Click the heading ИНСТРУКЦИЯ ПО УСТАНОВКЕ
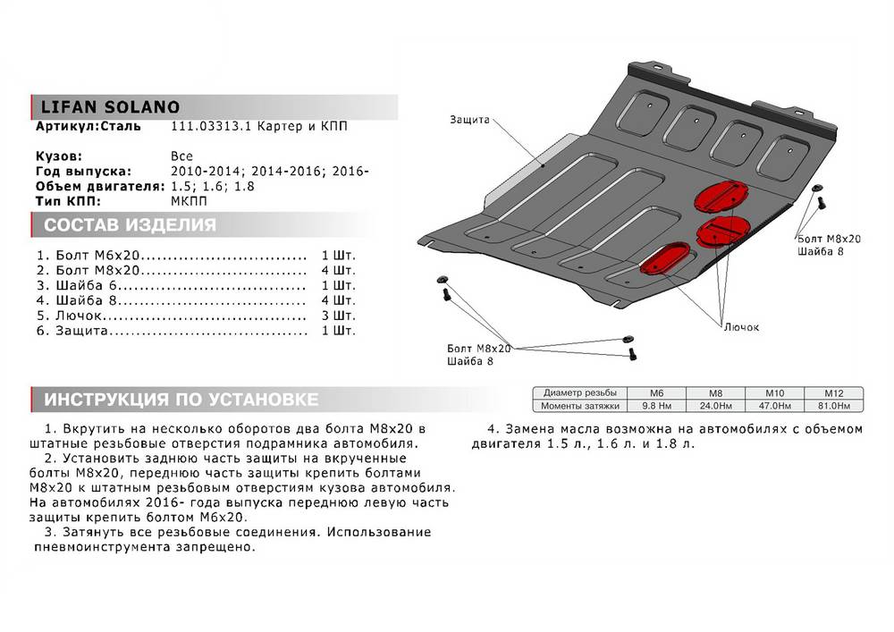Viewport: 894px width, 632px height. (174, 399)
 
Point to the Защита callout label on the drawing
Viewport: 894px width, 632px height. (469, 119)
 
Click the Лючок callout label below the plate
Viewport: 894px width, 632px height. (741, 328)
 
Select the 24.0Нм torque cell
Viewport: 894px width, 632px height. (714, 405)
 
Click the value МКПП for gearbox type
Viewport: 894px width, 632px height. (187, 201)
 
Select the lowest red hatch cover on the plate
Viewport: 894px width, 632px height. (665, 258)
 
